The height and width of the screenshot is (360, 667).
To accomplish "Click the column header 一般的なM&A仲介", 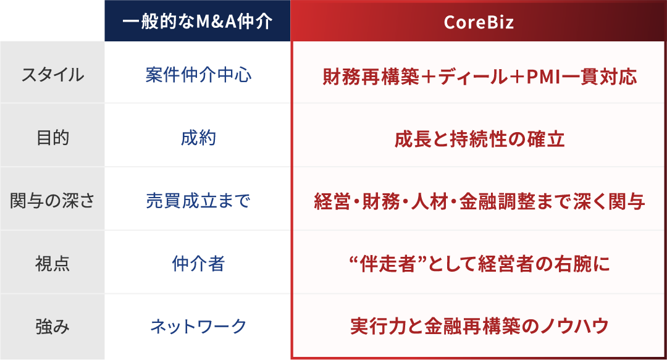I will tap(197, 22).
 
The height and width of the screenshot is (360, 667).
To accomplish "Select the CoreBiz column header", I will tap(479, 22).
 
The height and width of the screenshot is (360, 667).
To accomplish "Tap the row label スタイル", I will tap(52, 75).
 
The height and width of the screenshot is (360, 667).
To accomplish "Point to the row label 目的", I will tap(52, 138).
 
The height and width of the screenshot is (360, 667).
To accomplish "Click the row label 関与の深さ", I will tap(52, 201).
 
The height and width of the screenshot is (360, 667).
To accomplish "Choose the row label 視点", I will tap(52, 264).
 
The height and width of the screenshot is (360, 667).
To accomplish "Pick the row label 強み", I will tap(52, 326).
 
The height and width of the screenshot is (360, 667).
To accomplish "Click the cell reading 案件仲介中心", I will tap(198, 75).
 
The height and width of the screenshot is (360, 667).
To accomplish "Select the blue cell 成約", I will tap(198, 138).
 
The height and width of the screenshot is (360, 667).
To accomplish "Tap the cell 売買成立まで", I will tap(198, 201).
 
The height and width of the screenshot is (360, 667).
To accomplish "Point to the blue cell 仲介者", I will tap(198, 264).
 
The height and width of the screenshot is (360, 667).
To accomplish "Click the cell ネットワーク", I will tap(198, 326).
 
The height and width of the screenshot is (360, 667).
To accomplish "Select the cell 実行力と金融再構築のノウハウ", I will tap(479, 327).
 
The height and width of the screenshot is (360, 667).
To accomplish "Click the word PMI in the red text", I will tap(542, 77).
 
